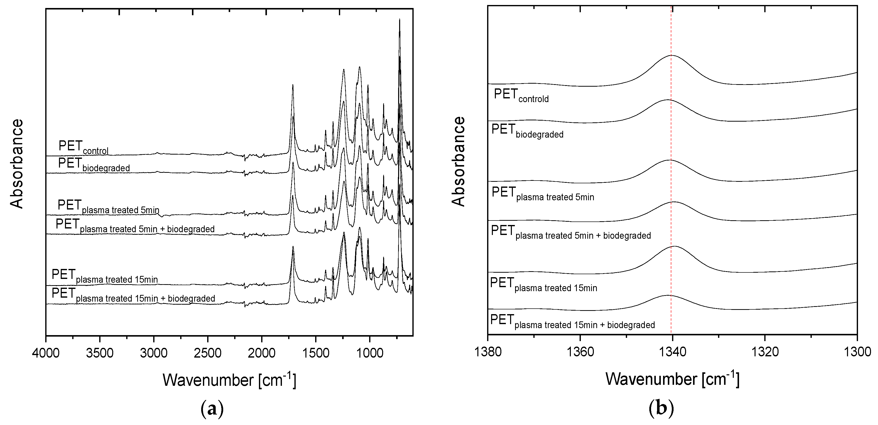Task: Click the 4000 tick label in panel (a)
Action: [x=46, y=353]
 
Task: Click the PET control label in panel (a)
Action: [x=83, y=147]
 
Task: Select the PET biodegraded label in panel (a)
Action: [x=94, y=165]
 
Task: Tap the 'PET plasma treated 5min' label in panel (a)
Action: [x=108, y=207]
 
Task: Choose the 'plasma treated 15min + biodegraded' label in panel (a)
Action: [x=133, y=295]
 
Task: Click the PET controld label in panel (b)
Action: [x=521, y=95]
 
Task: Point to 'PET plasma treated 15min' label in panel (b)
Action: [x=543, y=285]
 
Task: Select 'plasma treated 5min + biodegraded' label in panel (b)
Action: [x=571, y=232]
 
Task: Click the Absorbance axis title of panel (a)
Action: [x=16, y=164]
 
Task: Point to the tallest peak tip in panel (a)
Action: [x=399, y=20]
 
